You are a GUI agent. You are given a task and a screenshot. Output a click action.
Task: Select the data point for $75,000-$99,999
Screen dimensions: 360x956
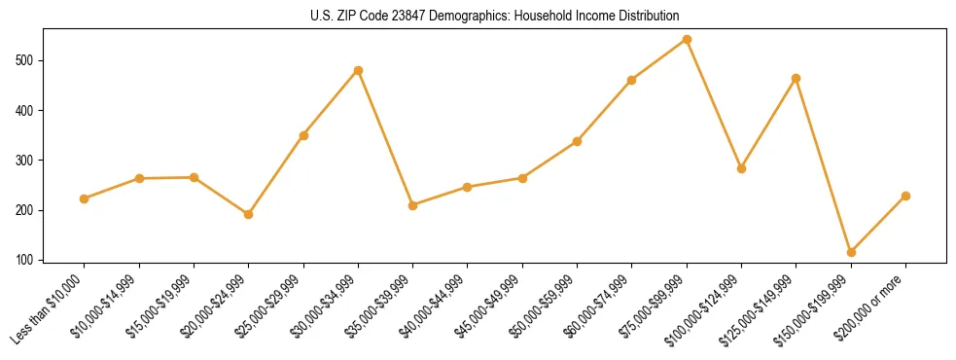pos(687,40)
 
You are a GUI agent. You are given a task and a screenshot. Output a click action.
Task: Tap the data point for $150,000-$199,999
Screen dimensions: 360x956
pos(851,252)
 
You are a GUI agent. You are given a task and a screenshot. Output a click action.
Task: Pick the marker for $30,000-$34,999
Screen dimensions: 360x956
pos(358,70)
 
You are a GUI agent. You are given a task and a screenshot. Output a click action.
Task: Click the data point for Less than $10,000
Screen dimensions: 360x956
pos(85,198)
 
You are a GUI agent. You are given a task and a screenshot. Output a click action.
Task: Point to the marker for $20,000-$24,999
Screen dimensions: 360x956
pos(249,214)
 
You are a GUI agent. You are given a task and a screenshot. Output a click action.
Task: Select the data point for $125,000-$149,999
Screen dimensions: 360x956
pos(797,78)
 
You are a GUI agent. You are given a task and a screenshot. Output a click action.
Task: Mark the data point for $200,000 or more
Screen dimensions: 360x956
pos(905,196)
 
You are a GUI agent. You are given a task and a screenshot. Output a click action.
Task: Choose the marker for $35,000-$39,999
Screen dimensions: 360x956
pos(412,205)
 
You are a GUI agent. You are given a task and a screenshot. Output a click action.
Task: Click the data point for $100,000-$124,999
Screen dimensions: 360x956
pos(741,168)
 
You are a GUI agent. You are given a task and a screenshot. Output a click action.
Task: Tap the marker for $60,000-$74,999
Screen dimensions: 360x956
pos(632,80)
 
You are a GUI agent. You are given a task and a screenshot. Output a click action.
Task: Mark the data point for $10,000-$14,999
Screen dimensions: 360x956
pos(139,178)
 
